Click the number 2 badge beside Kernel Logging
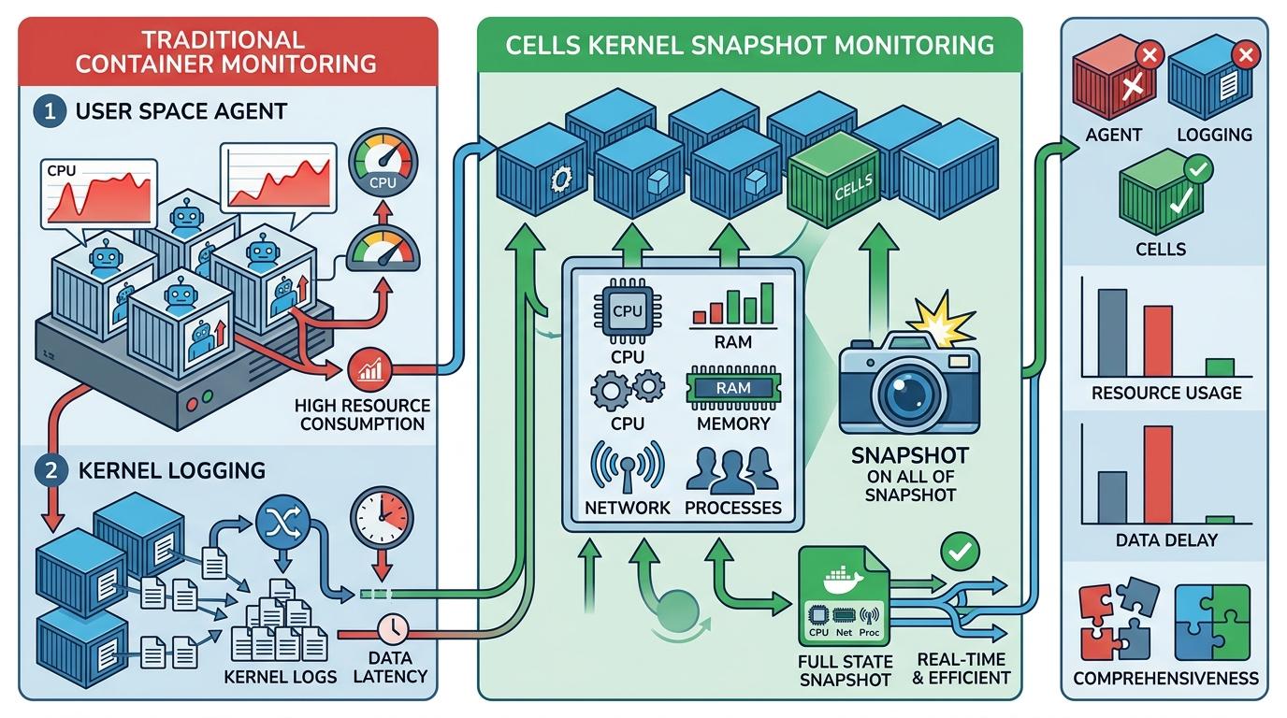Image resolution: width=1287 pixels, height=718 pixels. (48, 469)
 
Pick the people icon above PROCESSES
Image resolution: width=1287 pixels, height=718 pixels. (732, 470)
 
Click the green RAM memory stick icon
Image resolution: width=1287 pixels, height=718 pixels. (732, 387)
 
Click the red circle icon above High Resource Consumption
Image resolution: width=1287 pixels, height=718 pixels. (366, 371)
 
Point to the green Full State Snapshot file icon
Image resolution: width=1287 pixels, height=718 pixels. (844, 598)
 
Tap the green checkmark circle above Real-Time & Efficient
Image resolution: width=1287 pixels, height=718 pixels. (959, 551)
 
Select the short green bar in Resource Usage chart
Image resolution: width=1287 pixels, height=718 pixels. (1220, 367)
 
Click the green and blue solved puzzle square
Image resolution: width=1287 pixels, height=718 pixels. (1212, 622)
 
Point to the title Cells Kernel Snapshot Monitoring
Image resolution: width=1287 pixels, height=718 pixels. (749, 45)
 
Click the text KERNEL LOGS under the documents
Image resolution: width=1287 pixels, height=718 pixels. (281, 676)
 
